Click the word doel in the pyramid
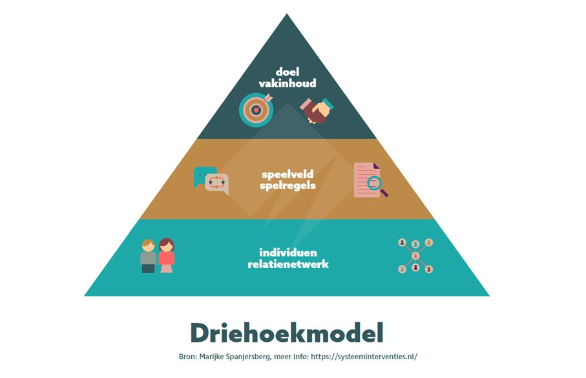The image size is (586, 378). (288, 71)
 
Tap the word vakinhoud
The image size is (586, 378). (288, 83)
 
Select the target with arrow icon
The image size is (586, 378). (256, 109)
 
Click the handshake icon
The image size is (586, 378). (317, 110)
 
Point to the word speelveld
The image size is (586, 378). (288, 174)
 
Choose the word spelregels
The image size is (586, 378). (288, 186)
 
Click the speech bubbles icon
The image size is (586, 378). (211, 181)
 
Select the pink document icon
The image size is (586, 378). (367, 180)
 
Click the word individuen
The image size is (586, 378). (288, 252)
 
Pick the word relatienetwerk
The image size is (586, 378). (288, 264)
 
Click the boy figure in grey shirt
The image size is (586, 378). (149, 256)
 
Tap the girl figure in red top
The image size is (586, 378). (166, 256)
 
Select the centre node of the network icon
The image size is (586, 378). (415, 256)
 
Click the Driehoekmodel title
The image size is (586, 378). (287, 333)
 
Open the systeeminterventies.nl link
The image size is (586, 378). (364, 357)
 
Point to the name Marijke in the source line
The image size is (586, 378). (211, 357)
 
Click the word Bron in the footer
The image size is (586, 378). (187, 357)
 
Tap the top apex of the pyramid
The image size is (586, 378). (287, 14)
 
